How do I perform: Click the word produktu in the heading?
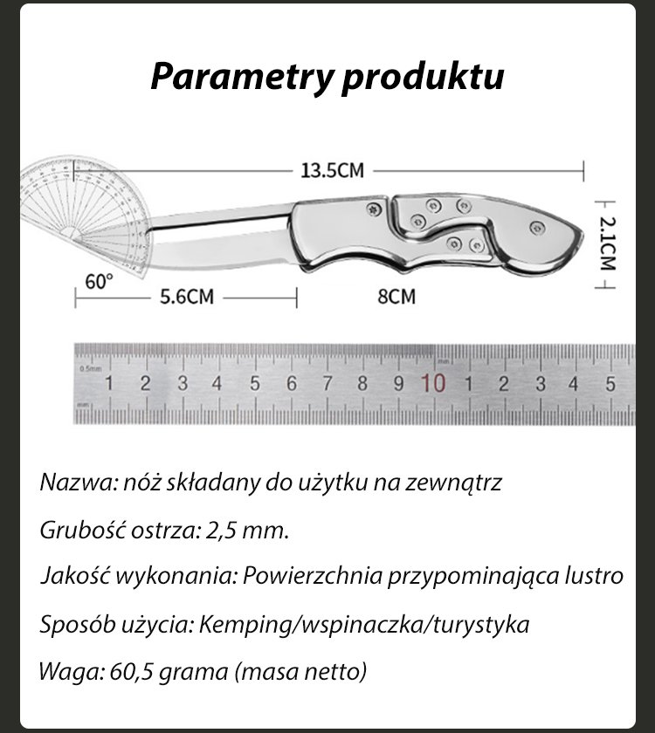(x=423, y=78)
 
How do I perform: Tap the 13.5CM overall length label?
(x=332, y=170)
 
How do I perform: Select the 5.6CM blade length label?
(x=186, y=297)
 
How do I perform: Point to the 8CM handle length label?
(x=396, y=297)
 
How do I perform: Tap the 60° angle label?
(x=100, y=282)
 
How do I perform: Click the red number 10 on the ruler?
(x=434, y=383)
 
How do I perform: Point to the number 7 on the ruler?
(x=327, y=383)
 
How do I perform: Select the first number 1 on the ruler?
(x=109, y=383)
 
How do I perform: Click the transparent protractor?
(x=83, y=209)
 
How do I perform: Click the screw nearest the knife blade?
(x=375, y=210)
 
